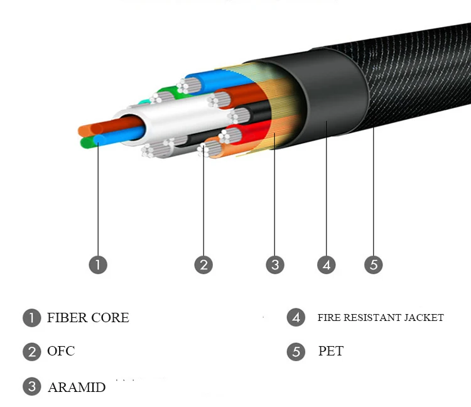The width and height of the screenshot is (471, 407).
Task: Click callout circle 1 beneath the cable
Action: [x=98, y=264]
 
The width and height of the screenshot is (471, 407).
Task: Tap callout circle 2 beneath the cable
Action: [x=203, y=264]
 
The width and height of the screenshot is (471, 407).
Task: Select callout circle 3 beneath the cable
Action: [x=274, y=264]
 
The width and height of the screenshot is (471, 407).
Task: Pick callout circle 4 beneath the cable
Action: [x=326, y=264]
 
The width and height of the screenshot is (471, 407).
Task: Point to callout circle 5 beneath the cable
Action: [x=373, y=264]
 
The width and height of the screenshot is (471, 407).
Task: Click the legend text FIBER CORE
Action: [x=88, y=318]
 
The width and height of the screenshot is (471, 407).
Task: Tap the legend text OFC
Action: [x=61, y=351]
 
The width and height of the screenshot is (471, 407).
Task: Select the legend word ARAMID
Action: [x=77, y=387]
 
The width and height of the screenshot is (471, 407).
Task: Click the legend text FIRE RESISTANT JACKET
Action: [x=381, y=318]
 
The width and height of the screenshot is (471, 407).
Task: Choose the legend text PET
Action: [x=331, y=351]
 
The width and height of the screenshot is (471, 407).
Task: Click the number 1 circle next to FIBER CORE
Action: [x=31, y=318]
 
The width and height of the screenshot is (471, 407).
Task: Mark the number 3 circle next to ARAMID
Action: [x=31, y=387]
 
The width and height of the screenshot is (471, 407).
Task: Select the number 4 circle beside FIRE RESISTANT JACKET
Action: [x=296, y=318]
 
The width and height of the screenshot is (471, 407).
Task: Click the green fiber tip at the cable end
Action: [x=88, y=143]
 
